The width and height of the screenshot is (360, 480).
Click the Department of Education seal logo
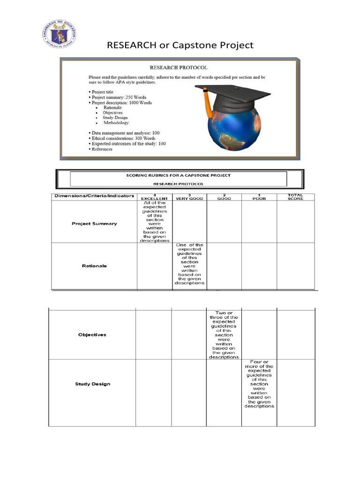point(59,34)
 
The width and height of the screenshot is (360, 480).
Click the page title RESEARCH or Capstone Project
point(180,45)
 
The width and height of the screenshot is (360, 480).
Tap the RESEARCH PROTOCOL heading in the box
point(178,67)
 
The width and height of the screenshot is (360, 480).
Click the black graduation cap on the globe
point(232,94)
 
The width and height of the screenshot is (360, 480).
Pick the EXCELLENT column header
point(154,198)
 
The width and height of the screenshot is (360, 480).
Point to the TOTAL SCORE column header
point(295,197)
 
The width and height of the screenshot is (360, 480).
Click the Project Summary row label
point(94,224)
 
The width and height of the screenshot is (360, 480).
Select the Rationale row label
point(94,266)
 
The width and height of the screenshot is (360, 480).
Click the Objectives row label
point(92,335)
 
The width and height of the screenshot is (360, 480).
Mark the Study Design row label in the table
point(93,384)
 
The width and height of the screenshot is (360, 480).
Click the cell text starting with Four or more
point(259,384)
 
